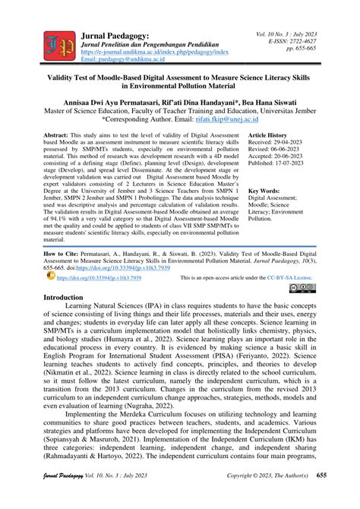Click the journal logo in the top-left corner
(58, 46)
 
